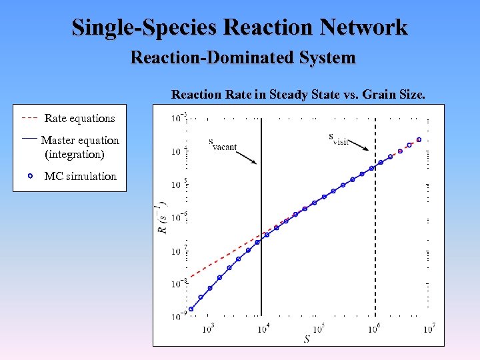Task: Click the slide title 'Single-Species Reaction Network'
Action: [239, 27]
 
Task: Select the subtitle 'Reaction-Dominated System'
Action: [243, 58]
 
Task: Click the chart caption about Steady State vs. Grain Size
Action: [298, 95]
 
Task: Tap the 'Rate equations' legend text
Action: [79, 119]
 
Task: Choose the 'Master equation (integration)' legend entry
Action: [79, 147]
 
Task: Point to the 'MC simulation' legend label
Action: [80, 177]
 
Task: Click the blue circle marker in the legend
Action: [31, 177]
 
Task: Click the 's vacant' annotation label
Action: [222, 144]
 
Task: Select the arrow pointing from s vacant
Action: [246, 157]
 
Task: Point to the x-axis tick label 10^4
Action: [263, 327]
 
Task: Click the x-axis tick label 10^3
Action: [207, 327]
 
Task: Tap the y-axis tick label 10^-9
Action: [177, 316]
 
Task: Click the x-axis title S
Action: [307, 339]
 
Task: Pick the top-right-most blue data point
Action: [419, 140]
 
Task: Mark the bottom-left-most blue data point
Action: [191, 309]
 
